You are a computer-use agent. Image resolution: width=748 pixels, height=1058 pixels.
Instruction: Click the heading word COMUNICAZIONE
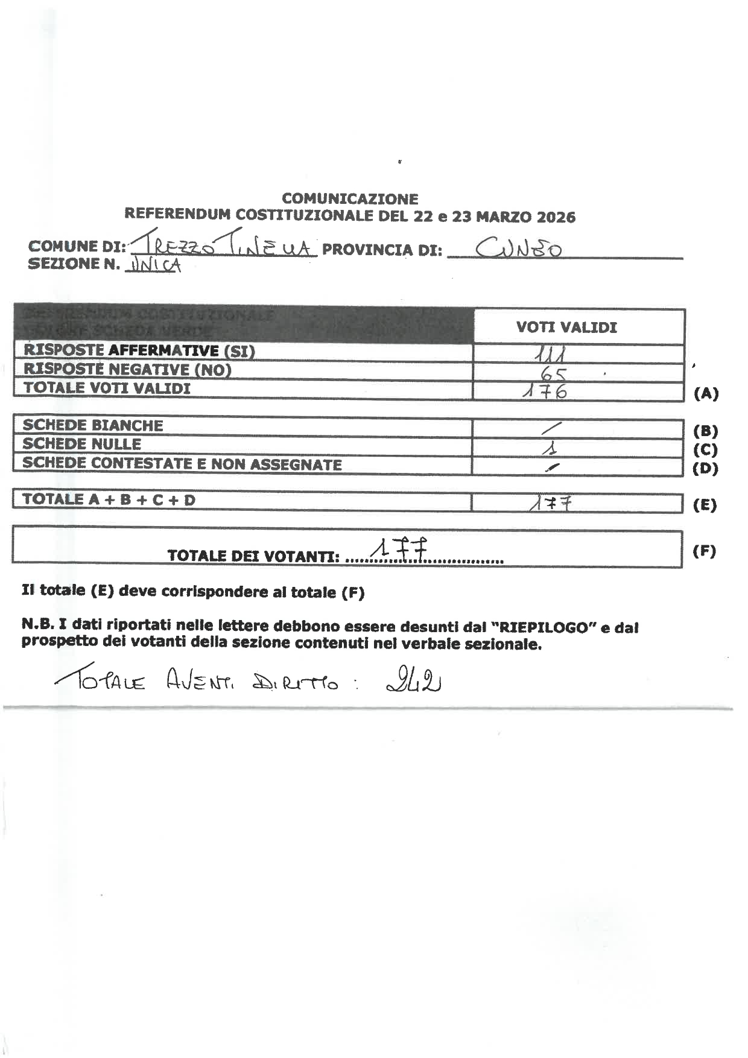pos(350,199)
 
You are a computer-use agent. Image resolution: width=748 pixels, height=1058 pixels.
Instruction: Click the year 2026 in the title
pos(556,217)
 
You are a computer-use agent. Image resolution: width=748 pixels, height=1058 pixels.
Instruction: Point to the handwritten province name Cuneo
pos(519,248)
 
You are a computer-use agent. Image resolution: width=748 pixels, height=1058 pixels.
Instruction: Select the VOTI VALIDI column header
pos(566,328)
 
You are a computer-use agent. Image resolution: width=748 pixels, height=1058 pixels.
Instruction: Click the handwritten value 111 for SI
pos(551,352)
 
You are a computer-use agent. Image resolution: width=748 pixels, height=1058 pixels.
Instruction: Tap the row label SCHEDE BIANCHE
pos(93,425)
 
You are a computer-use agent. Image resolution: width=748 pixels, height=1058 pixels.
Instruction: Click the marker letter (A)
pos(706,394)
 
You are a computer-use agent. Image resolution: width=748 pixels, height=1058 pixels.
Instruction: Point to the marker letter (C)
pos(705,450)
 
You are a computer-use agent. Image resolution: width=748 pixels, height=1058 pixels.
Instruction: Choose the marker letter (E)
pos(705,505)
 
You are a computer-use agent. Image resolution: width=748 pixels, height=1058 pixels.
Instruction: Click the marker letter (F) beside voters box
pos(705,551)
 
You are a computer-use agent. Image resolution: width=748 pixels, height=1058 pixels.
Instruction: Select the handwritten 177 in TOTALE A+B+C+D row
pos(550,503)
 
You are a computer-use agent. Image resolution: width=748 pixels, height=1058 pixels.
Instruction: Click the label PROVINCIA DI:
pos(382,250)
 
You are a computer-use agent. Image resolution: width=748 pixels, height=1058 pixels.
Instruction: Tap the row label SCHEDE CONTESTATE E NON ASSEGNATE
pos(182,464)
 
